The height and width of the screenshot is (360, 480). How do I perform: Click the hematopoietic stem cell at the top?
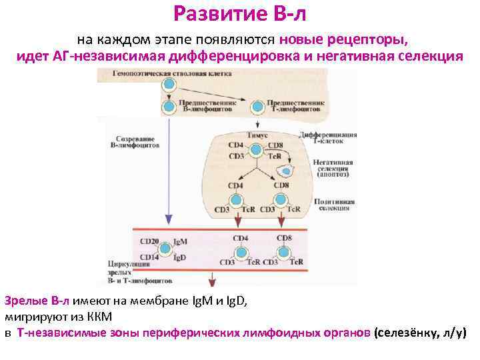169,85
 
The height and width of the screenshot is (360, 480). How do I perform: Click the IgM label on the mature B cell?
179,241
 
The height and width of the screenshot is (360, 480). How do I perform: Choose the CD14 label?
149,256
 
